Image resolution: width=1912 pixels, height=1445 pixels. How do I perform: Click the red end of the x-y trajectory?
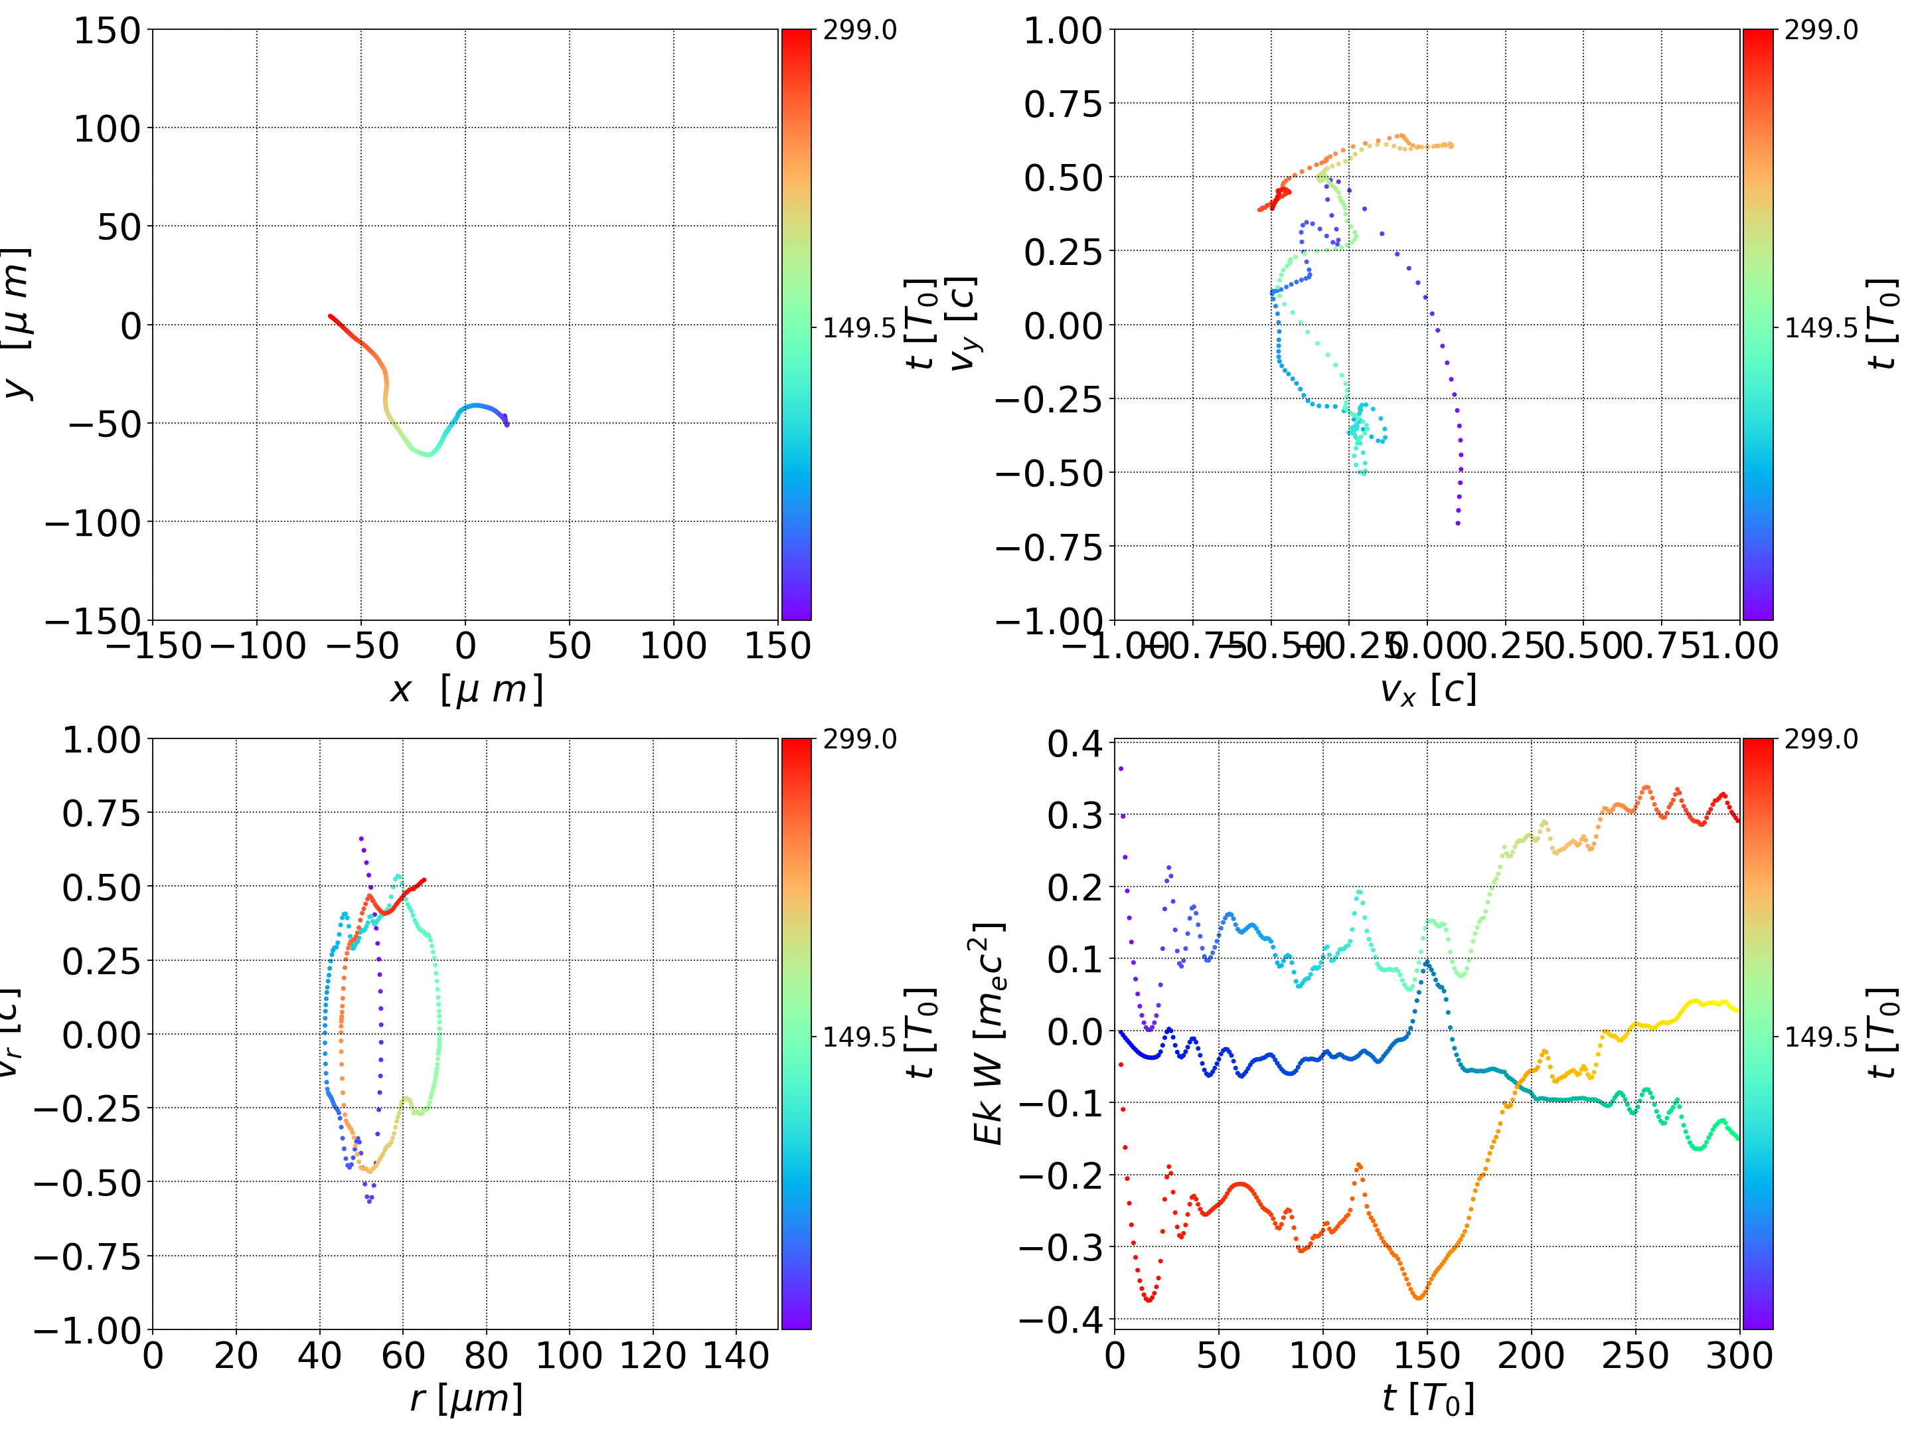tap(330, 317)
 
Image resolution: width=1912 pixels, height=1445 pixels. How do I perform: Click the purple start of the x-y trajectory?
tap(507, 424)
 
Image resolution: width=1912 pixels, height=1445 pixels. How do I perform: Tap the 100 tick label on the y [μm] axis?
tap(106, 129)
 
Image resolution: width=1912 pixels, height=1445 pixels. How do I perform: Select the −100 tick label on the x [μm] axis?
tap(257, 646)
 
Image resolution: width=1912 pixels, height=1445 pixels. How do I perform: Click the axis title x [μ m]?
tap(466, 689)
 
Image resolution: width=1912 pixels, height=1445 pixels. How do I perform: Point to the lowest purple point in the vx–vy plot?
tap(1458, 523)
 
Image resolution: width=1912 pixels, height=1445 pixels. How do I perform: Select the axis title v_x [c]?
tap(1428, 689)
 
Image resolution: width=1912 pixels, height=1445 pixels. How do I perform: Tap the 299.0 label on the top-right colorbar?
tap(1820, 31)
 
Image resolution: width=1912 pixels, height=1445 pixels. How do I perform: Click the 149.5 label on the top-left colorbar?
tap(859, 328)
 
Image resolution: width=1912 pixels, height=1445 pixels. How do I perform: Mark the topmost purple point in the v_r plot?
tap(361, 838)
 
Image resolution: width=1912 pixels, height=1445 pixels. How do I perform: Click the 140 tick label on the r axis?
tap(736, 1355)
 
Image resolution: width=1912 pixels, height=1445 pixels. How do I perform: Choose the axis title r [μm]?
tap(466, 1399)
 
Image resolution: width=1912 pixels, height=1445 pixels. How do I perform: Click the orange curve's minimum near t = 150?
tap(1419, 1297)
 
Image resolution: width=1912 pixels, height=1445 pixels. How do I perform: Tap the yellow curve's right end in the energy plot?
tap(1737, 1010)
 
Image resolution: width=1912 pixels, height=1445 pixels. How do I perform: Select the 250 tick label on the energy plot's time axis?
tap(1635, 1355)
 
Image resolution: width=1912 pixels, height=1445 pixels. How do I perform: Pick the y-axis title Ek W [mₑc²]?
tap(988, 1033)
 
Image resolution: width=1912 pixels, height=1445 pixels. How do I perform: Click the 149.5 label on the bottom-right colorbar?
tap(1820, 1037)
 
